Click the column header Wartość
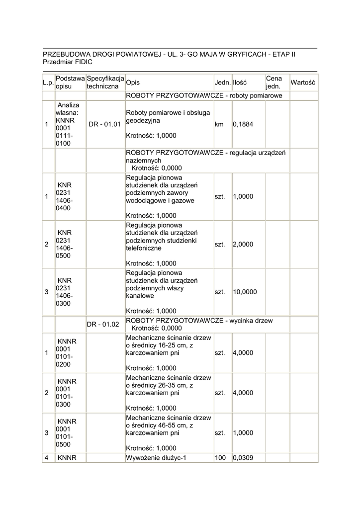[x=303, y=82]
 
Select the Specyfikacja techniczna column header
[x=105, y=82]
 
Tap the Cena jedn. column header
[x=274, y=82]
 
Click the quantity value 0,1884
[x=243, y=124]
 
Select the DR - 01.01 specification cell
[x=105, y=124]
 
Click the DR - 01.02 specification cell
[x=103, y=324]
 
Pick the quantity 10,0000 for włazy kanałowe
[x=245, y=292]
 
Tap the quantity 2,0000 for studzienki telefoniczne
[x=243, y=245]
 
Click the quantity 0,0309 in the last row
[x=243, y=457]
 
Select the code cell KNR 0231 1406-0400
[x=65, y=196]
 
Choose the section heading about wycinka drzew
[x=200, y=321]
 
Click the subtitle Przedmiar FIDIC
[x=68, y=62]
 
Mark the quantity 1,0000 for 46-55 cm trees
[x=243, y=433]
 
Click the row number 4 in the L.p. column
[x=46, y=457]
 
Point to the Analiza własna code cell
[x=68, y=124]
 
